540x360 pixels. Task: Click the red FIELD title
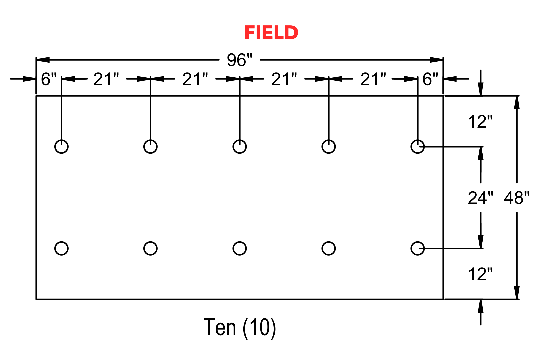[271, 33]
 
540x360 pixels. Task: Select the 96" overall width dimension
[240, 60]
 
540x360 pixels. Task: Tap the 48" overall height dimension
[517, 198]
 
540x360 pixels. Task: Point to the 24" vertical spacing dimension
[481, 198]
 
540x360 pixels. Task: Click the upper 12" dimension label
[480, 122]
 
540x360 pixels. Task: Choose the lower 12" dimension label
[480, 274]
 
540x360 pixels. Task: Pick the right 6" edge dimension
[430, 79]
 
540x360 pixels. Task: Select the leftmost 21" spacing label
[106, 79]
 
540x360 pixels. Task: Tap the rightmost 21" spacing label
[373, 79]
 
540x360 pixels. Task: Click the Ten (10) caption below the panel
[240, 327]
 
